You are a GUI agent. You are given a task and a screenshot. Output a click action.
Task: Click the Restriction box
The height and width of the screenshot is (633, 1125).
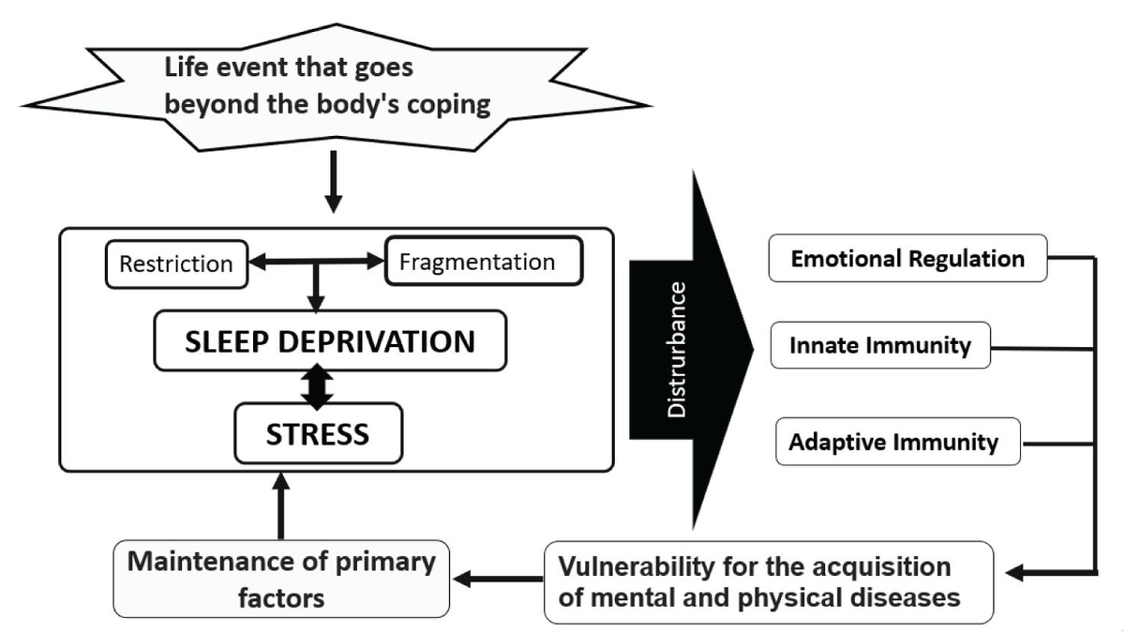click(x=175, y=264)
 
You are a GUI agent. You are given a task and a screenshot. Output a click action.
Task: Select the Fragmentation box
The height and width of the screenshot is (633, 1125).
click(x=484, y=262)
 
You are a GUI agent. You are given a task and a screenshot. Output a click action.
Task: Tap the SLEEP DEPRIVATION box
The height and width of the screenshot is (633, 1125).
click(x=330, y=341)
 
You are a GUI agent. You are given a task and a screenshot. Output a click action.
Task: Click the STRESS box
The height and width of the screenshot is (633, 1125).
click(x=318, y=434)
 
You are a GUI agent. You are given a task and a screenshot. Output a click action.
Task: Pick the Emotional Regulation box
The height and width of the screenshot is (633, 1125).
click(x=907, y=258)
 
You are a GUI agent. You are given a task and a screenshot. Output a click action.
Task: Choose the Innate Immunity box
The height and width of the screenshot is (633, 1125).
click(x=879, y=346)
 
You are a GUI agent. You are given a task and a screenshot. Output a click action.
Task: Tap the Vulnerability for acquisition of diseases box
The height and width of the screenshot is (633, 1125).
click(x=768, y=581)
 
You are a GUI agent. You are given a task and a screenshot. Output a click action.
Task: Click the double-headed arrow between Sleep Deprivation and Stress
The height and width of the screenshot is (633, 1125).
click(x=319, y=386)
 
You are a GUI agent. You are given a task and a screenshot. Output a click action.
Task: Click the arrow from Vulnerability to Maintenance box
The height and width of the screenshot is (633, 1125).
click(x=497, y=579)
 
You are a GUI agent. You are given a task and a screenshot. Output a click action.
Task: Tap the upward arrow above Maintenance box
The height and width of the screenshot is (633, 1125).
click(x=280, y=506)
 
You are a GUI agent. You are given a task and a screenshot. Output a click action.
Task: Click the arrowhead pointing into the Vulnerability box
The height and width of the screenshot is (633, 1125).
click(x=1015, y=570)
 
